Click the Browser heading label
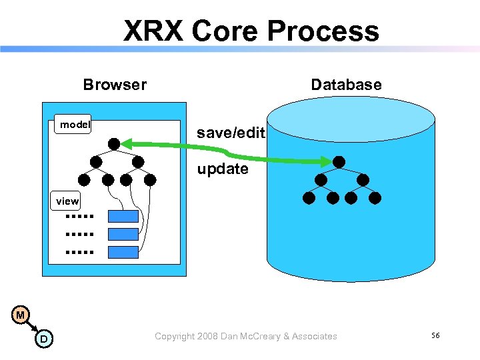pos(115,85)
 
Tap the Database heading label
pos(346,85)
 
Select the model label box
pos(75,125)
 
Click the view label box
pos(67,201)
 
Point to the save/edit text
pos(231,133)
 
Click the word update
pos(223,169)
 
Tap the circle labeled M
pos(21,315)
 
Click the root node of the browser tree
pos(115,143)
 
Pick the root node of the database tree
pos(339,161)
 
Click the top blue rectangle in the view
pos(123,216)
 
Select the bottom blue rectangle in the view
pos(123,252)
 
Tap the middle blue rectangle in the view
pos(123,234)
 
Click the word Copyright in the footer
pos(174,336)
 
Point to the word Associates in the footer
pos(313,336)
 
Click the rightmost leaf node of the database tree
pos(375,197)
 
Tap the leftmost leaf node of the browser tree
pos(84,179)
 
